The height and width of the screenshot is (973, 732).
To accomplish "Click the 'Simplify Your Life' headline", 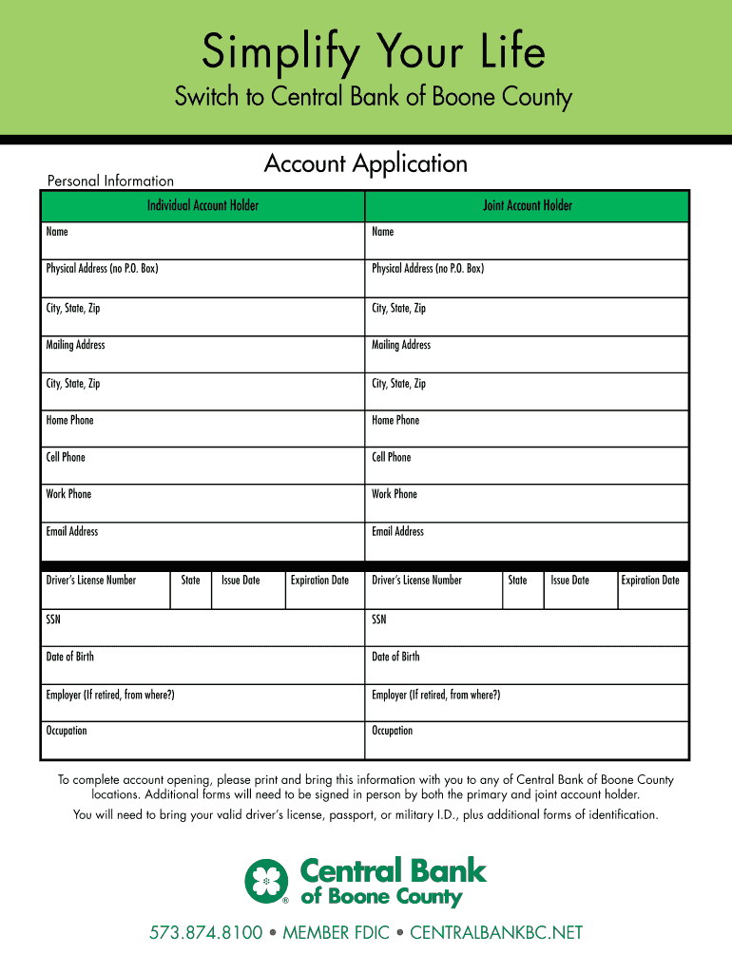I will point(373,52).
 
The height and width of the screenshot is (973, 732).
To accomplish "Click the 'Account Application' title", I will point(365,163).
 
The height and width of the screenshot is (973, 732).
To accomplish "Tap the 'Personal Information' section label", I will point(110,181).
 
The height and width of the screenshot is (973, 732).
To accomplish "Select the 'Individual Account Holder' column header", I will point(202,205).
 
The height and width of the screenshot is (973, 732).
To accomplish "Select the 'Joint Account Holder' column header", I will point(528,205).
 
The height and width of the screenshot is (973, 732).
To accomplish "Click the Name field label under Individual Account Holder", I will point(57,232).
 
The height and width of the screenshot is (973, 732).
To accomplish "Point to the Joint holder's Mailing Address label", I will point(401,345).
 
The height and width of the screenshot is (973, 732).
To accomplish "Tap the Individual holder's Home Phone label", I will point(69,420).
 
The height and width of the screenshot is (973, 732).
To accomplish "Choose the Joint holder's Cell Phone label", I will point(392,457).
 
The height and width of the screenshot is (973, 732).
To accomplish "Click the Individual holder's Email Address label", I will point(72,531).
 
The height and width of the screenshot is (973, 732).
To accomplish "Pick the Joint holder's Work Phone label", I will point(395,494).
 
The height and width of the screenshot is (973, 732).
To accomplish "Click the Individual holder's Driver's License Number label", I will point(91,581).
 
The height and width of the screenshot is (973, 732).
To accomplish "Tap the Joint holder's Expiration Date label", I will point(650,581).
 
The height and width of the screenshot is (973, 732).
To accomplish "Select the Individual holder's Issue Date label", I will point(241,581).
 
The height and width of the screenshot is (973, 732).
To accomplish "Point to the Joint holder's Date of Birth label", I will point(395,657).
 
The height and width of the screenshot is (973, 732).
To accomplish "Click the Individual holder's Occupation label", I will point(67,731).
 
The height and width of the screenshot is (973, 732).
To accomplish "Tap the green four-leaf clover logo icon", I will point(267,881).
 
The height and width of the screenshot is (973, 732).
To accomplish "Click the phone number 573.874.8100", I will point(205,933).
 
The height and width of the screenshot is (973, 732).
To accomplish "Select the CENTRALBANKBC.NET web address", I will point(495,933).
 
